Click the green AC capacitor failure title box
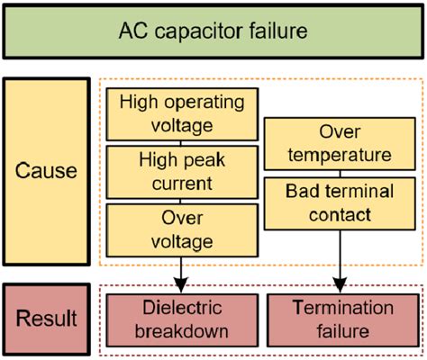pyautogui.click(x=213, y=31)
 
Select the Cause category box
pyautogui.click(x=47, y=172)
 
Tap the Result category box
pyautogui.click(x=47, y=319)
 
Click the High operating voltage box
pyautogui.click(x=182, y=114)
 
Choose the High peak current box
pyautogui.click(x=182, y=172)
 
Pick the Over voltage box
pyautogui.click(x=182, y=230)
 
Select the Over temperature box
pyautogui.click(x=340, y=144)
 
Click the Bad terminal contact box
pyautogui.click(x=340, y=203)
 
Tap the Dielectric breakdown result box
pyautogui.click(x=182, y=320)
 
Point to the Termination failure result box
pyautogui.click(x=343, y=320)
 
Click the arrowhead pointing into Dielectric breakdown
pyautogui.click(x=181, y=285)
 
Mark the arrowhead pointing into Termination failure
pyautogui.click(x=341, y=285)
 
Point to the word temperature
pyautogui.click(x=340, y=156)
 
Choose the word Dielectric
pyautogui.click(x=182, y=308)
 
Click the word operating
pyautogui.click(x=204, y=103)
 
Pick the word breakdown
pyautogui.click(x=182, y=331)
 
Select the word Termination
pyautogui.click(x=343, y=308)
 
